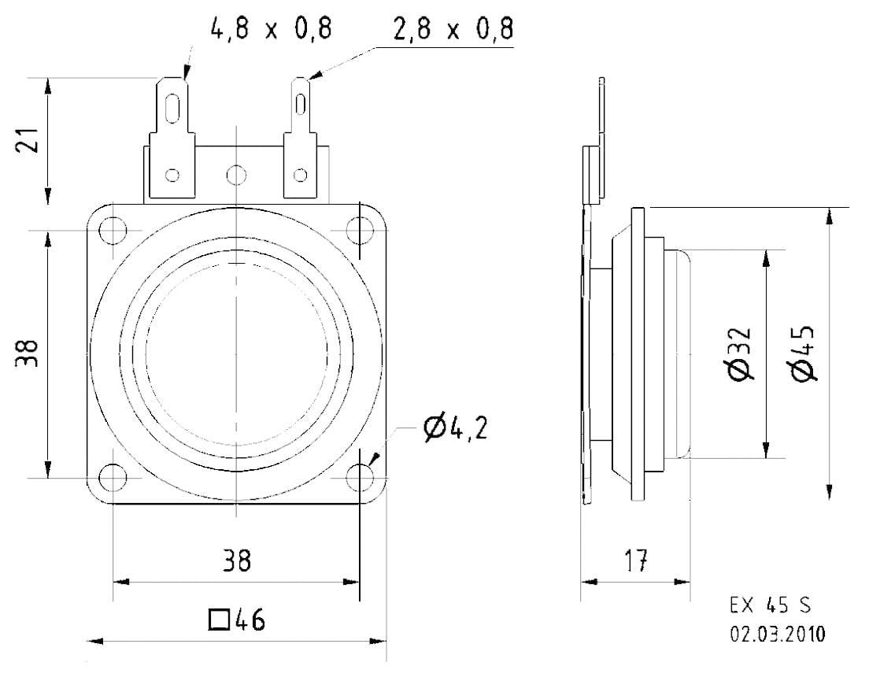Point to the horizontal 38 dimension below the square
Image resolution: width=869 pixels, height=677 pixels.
(x=235, y=560)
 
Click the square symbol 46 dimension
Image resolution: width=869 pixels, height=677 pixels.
(x=237, y=620)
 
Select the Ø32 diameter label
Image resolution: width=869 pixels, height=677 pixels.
(x=741, y=354)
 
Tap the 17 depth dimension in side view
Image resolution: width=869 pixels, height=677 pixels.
(x=636, y=560)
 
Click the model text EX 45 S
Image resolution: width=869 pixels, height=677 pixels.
(x=770, y=606)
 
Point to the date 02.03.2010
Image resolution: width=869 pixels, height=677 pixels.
(x=778, y=634)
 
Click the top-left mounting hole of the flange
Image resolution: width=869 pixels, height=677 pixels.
(x=113, y=231)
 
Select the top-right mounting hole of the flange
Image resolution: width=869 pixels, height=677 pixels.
(x=360, y=231)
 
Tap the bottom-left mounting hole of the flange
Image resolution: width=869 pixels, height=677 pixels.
(x=113, y=477)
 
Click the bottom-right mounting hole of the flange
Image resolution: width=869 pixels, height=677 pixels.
(x=360, y=477)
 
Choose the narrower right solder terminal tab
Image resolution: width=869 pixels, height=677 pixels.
(x=301, y=138)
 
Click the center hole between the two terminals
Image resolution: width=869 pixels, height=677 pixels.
(x=235, y=174)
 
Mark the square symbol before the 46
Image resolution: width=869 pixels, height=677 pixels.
(x=220, y=620)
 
